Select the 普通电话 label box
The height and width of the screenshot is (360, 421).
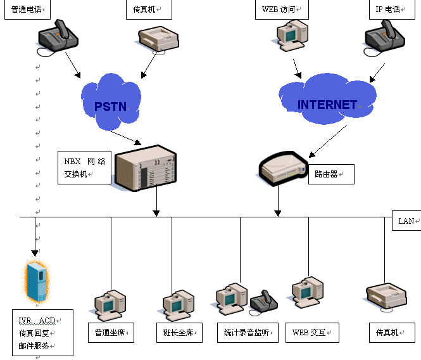point(27,10)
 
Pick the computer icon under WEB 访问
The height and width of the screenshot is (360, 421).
point(292,35)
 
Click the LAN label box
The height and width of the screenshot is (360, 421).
point(406,221)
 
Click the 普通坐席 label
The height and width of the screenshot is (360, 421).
point(111,332)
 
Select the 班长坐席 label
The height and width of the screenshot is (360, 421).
point(179,332)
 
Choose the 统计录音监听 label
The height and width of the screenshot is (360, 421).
point(247,332)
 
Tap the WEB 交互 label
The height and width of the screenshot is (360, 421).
point(311,332)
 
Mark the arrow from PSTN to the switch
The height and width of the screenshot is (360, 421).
point(127,136)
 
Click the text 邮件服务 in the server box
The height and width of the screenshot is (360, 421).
point(37,346)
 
